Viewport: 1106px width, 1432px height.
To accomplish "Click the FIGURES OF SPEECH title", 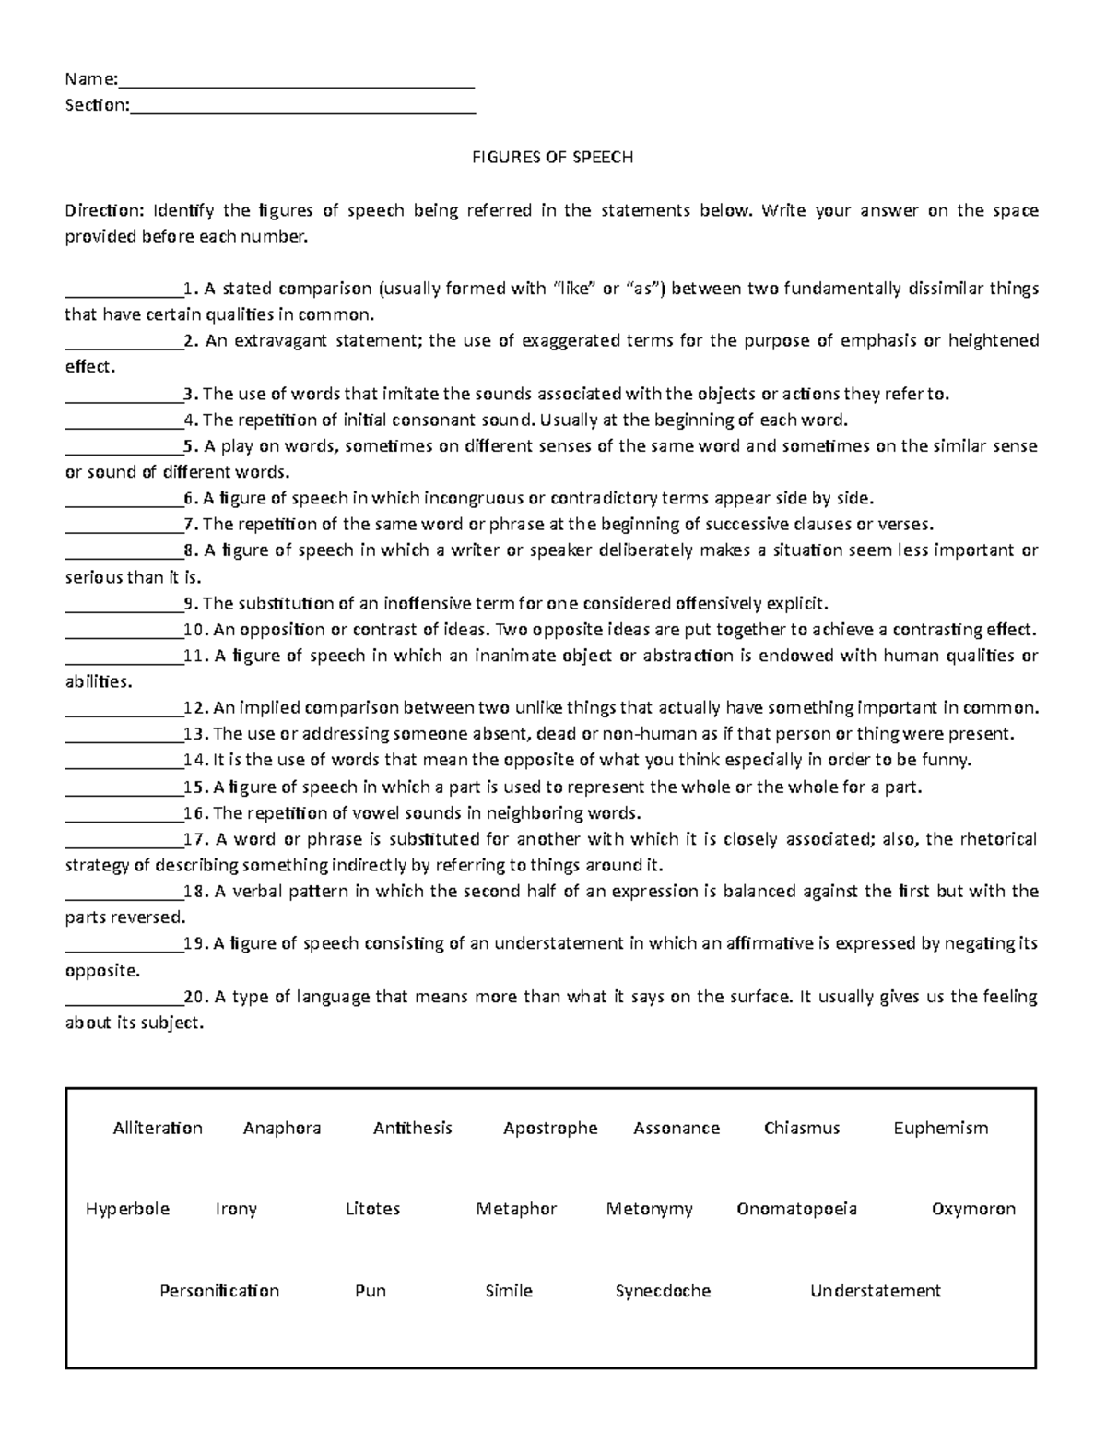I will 552,157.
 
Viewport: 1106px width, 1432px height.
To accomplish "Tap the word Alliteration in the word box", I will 158,1128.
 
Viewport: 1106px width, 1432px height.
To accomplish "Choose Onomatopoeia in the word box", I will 796,1209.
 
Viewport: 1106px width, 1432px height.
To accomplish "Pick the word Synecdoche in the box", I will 663,1291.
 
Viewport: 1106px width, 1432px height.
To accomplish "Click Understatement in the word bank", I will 875,1291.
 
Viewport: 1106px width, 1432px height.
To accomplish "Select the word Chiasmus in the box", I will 801,1128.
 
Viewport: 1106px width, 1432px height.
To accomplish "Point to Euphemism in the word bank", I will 940,1128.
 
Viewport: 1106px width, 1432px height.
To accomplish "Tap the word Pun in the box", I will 370,1291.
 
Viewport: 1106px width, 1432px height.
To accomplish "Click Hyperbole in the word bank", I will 127,1209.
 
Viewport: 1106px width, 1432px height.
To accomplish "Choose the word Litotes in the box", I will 372,1209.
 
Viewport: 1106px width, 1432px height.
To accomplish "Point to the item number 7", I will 190,525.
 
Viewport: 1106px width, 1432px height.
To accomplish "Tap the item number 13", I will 195,734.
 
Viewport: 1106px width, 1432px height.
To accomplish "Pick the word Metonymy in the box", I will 649,1209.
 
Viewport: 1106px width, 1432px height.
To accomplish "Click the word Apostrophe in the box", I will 550,1128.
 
